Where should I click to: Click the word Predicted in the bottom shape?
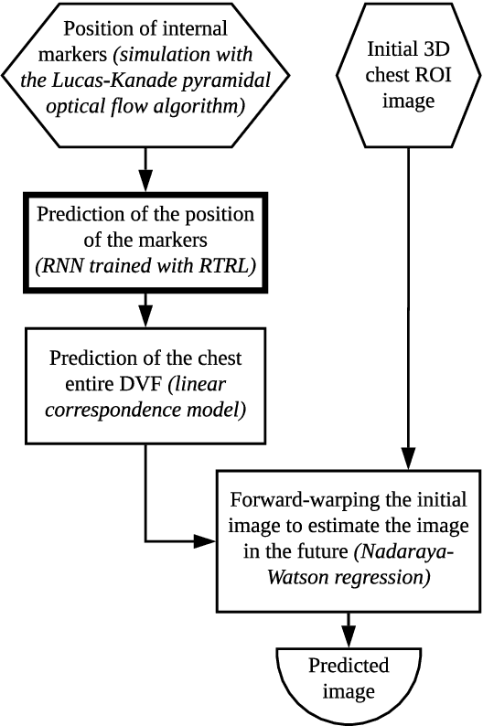pyautogui.click(x=348, y=665)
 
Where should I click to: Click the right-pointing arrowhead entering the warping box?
pyautogui.click(x=208, y=541)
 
